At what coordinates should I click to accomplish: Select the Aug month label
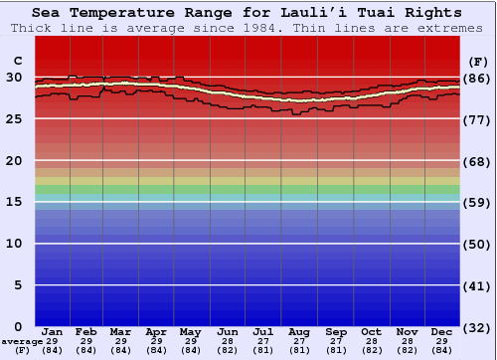point(299,331)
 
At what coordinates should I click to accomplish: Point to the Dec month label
point(442,331)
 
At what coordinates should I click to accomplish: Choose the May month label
point(191,331)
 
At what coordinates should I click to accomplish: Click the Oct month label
point(371,331)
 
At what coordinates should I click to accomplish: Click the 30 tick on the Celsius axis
point(14,78)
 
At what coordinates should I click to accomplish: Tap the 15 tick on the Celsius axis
point(14,202)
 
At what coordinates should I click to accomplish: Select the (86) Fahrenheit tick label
point(477,78)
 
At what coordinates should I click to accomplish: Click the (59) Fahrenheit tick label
point(477,202)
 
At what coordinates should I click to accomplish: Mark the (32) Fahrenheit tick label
point(477,327)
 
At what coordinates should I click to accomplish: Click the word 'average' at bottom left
point(22,341)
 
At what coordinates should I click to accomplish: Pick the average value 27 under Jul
point(263,341)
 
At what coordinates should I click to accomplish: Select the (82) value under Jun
point(228,350)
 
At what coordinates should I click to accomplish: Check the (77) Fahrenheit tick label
point(477,119)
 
